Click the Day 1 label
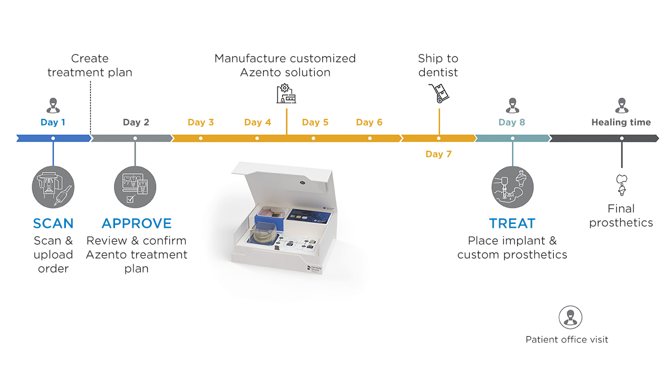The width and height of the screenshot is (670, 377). pyautogui.click(x=53, y=122)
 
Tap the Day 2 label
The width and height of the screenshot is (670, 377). pyautogui.click(x=136, y=122)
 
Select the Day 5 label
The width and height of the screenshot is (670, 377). pyautogui.click(x=315, y=122)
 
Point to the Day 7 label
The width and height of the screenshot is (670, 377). pyautogui.click(x=438, y=154)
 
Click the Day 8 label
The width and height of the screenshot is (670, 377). pyautogui.click(x=511, y=122)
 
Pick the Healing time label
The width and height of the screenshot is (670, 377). pyautogui.click(x=621, y=122)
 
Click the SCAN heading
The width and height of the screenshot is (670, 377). pyautogui.click(x=53, y=223)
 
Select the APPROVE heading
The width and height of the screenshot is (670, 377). pyautogui.click(x=136, y=223)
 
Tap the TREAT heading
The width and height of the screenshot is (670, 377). pyautogui.click(x=512, y=223)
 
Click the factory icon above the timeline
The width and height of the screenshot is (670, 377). pyautogui.click(x=286, y=94)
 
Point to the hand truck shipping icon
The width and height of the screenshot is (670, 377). pyautogui.click(x=439, y=93)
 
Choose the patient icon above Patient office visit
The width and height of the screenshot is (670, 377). pyautogui.click(x=570, y=317)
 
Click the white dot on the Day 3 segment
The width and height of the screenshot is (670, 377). pyautogui.click(x=200, y=138)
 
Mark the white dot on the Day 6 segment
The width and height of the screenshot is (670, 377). pyautogui.click(x=370, y=138)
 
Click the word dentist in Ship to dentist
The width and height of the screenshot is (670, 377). pyautogui.click(x=438, y=73)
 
